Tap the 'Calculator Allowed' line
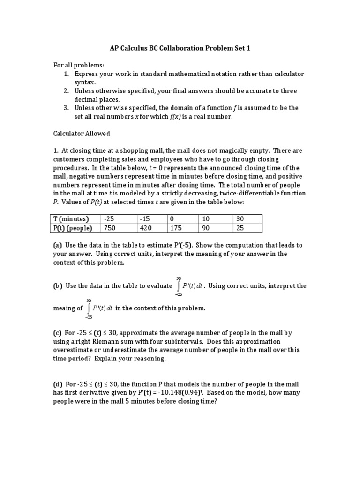click(x=81, y=134)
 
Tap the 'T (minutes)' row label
click(x=71, y=219)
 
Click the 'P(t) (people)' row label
click(x=73, y=228)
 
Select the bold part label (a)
click(x=57, y=245)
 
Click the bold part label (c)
click(x=57, y=333)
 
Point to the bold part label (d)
click(x=57, y=384)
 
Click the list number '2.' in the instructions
click(x=66, y=91)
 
